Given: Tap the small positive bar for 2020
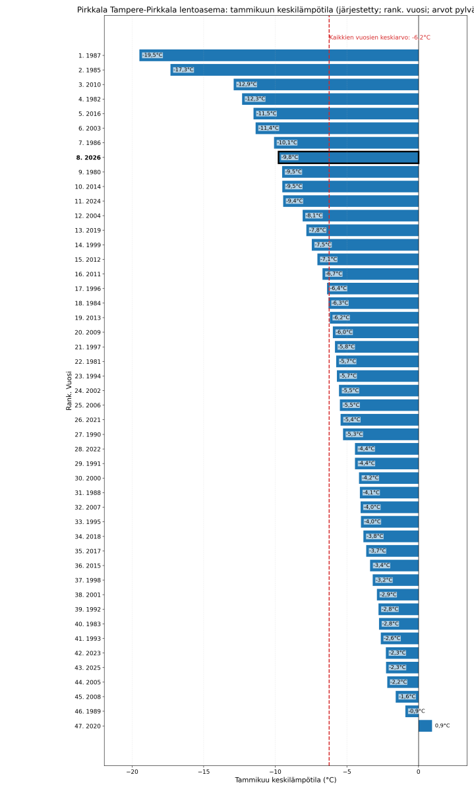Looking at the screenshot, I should click(425, 726).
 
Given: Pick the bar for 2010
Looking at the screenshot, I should click(326, 84).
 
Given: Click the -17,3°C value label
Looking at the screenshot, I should click(183, 70).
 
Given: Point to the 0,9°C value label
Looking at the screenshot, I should click(442, 726).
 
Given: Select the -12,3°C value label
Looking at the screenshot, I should click(255, 99).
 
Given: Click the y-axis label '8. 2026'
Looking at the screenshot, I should click(88, 158).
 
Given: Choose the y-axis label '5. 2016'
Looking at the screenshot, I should click(88, 113).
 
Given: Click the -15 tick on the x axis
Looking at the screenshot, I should click(204, 771).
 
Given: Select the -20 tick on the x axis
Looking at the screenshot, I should click(132, 771).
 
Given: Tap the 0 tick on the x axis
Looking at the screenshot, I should click(418, 771).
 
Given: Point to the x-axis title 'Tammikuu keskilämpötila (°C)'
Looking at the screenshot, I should click(285, 780).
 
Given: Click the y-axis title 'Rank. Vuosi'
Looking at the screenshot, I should click(69, 390).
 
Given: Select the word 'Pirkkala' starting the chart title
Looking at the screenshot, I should click(91, 10).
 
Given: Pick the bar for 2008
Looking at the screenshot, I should click(407, 697).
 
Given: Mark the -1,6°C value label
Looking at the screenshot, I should click(407, 697).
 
